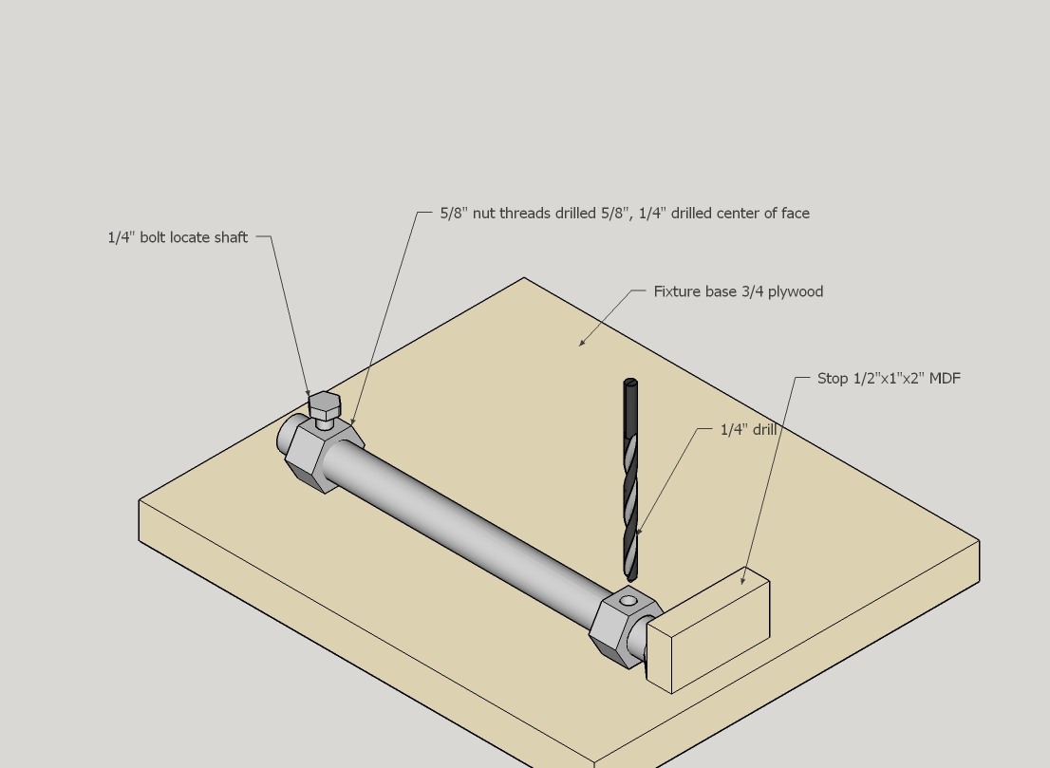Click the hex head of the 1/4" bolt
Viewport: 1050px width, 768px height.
[x=325, y=405]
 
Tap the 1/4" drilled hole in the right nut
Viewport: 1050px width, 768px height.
[x=628, y=601]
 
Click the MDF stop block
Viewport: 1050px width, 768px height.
[x=708, y=629]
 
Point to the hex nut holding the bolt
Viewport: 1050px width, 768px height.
[x=324, y=454]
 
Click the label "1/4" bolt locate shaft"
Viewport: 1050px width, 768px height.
[x=178, y=237]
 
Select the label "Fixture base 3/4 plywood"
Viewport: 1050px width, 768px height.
[x=738, y=292]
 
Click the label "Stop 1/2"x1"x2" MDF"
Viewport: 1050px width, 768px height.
[x=889, y=379]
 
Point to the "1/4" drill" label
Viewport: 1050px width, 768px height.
[x=748, y=430]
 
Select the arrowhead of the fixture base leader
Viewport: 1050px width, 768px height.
[x=582, y=343]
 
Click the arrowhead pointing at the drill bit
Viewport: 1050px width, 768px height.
[x=640, y=531]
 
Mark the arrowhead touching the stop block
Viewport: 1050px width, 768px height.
[x=742, y=581]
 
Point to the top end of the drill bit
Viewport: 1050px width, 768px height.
[x=630, y=383]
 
